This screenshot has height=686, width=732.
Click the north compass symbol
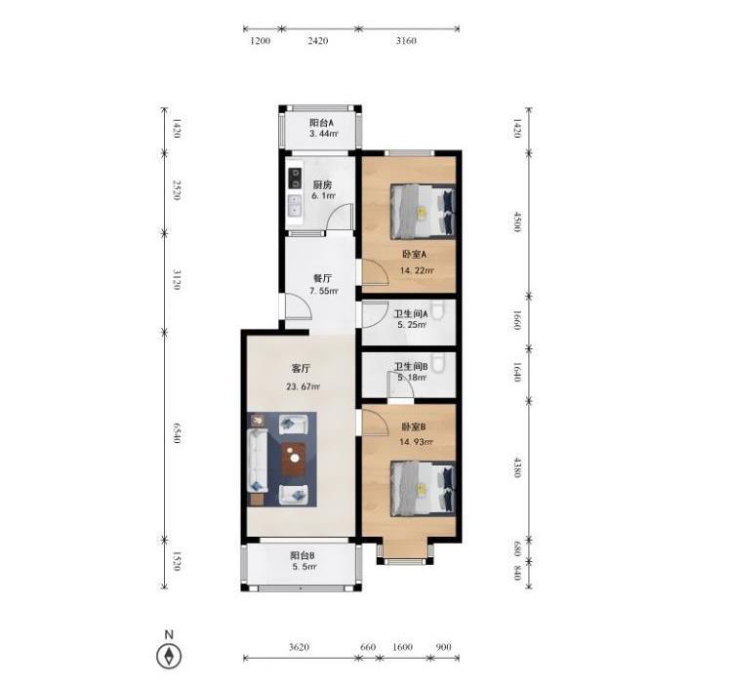click(x=169, y=656)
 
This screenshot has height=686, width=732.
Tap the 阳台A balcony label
click(x=322, y=123)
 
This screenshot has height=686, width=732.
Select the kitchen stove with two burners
click(x=295, y=179)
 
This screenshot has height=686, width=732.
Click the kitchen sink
click(x=295, y=206)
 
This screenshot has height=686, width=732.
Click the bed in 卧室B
click(x=423, y=489)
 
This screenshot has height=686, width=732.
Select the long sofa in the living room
click(x=258, y=461)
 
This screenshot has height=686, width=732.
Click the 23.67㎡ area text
click(x=303, y=386)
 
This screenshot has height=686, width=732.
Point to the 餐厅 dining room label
click(x=322, y=278)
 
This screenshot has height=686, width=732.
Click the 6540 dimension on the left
click(x=177, y=433)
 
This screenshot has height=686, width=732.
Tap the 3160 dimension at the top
click(x=406, y=41)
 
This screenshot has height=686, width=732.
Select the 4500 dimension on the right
click(x=516, y=222)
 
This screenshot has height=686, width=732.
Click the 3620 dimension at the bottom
click(x=299, y=647)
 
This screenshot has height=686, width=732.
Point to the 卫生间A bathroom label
click(x=411, y=314)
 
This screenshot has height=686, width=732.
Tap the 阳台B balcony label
click(x=302, y=555)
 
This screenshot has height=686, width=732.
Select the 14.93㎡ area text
click(x=416, y=441)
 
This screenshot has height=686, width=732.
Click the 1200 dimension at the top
click(x=260, y=41)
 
